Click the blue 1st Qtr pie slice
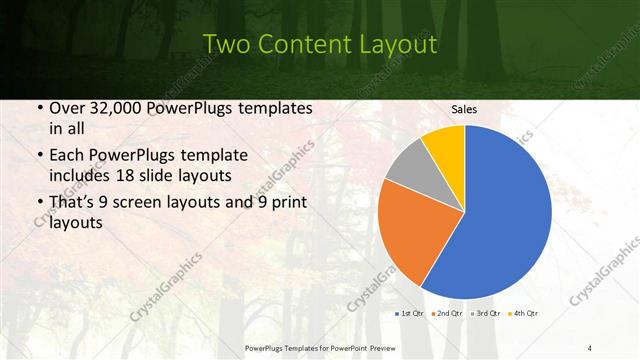click(x=505, y=220)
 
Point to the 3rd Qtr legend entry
click(x=486, y=313)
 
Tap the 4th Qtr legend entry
click(x=523, y=313)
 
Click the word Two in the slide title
click(x=227, y=44)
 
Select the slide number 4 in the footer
click(x=590, y=347)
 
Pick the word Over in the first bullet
click(x=66, y=109)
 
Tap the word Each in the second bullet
click(x=66, y=157)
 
